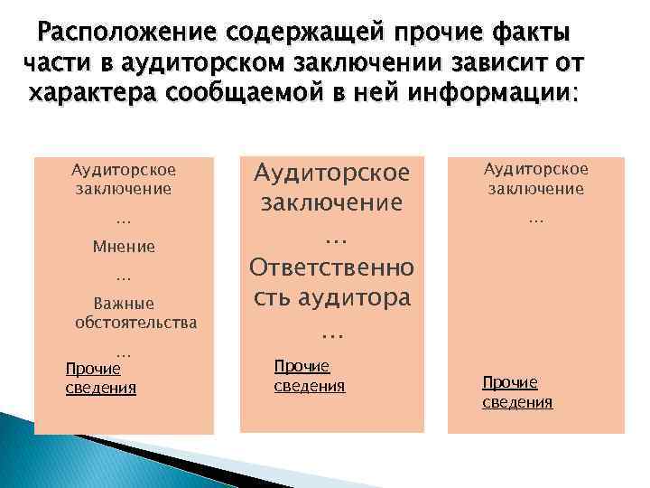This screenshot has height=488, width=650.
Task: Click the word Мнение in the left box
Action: coord(124,246)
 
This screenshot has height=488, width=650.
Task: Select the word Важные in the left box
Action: coord(124,304)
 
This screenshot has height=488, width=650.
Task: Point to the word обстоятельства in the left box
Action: coord(136,322)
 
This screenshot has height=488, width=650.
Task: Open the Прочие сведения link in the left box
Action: coord(100,378)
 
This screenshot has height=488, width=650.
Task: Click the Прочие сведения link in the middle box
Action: coord(309,375)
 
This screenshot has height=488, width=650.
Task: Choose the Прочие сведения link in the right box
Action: coord(516,391)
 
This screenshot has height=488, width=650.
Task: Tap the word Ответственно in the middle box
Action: coord(331,267)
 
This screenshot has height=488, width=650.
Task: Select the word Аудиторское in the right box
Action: coord(535,169)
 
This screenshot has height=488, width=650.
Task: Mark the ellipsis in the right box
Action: coord(535,218)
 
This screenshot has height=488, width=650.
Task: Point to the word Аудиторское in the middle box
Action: coord(331,171)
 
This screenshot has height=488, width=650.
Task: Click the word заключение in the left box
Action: coord(124,188)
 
